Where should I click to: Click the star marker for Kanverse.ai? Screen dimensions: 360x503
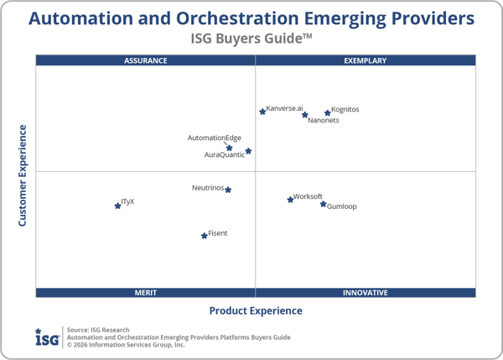pos(262,111)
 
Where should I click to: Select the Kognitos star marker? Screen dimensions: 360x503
pos(328,112)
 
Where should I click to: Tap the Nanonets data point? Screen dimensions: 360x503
pos(305,115)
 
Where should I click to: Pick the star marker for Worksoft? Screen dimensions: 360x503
pos(291,199)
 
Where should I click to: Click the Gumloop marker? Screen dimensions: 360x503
pos(323,204)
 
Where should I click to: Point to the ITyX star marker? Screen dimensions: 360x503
pos(117,205)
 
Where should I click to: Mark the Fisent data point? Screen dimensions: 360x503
pos(205,236)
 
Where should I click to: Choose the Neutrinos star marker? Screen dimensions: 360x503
pos(228,190)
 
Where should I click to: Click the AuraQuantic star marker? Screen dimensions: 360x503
pos(248,152)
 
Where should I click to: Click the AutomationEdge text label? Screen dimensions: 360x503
pos(214,138)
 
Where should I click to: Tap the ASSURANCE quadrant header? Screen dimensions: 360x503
pos(146,60)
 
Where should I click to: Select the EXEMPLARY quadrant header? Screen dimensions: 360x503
pos(366,60)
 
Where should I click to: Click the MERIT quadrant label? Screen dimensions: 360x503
pos(146,293)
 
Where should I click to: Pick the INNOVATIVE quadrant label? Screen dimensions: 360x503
pos(366,293)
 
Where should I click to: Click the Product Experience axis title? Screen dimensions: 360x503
pos(256,310)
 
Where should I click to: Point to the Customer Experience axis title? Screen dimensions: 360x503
pos(23,175)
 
